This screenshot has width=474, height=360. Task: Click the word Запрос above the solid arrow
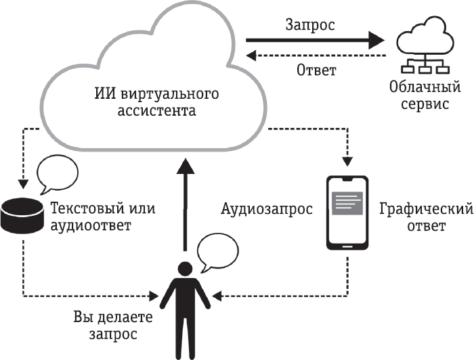point(309,24)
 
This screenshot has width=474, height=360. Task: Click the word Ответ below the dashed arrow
point(317,70)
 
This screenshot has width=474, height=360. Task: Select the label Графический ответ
point(414,217)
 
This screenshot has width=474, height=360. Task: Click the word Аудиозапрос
point(261,209)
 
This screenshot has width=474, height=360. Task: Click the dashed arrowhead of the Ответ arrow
point(251,56)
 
